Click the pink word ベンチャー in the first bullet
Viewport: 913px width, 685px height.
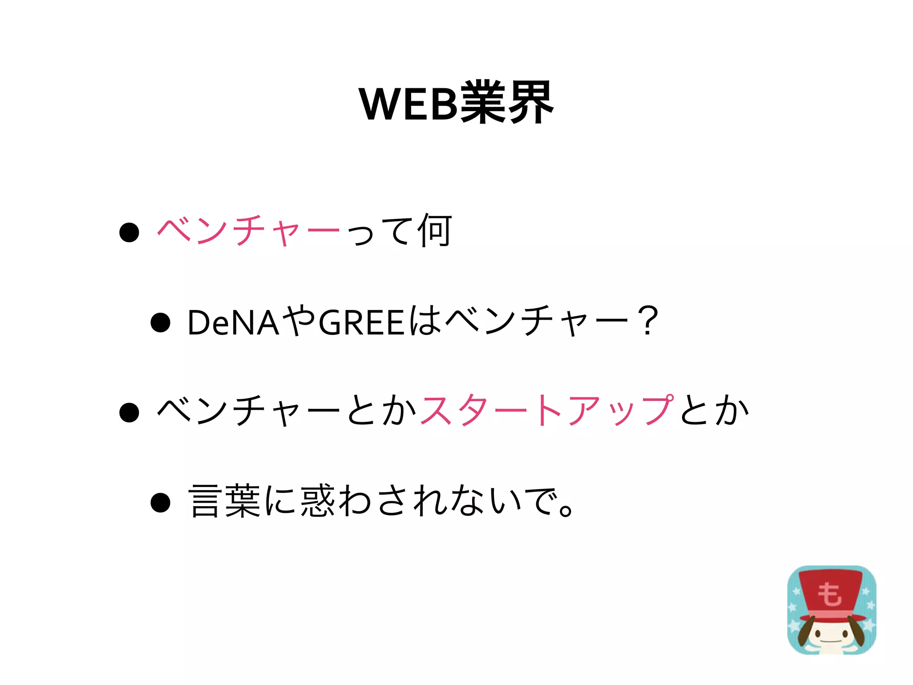click(x=248, y=231)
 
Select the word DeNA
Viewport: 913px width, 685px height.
click(x=233, y=322)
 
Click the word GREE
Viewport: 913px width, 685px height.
click(x=362, y=322)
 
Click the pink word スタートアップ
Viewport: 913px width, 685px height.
click(x=547, y=410)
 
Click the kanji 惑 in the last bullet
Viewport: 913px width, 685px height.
click(x=317, y=501)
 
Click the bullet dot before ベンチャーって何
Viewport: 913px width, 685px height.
click(x=129, y=232)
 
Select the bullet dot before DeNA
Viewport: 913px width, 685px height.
click(x=160, y=322)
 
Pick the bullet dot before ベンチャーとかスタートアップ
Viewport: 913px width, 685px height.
click(x=129, y=412)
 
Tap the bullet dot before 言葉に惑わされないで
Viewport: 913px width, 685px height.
click(x=160, y=503)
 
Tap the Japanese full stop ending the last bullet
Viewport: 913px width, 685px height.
click(x=566, y=509)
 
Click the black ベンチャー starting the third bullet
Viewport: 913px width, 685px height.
click(x=248, y=410)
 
